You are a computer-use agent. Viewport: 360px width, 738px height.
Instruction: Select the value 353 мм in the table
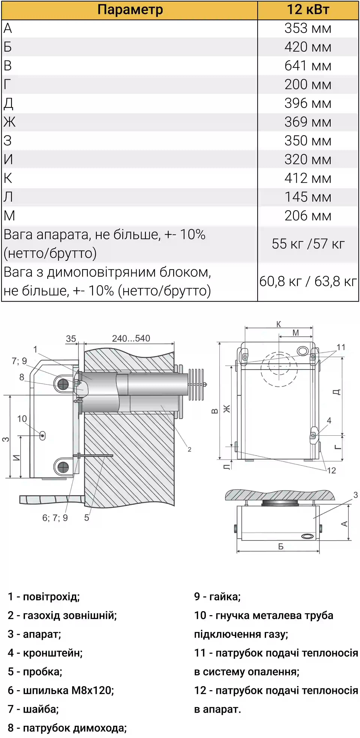pyautogui.click(x=308, y=28)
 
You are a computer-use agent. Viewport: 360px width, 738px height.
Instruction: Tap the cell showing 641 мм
pyautogui.click(x=308, y=66)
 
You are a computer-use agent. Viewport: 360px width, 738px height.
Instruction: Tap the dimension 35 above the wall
pyautogui.click(x=71, y=339)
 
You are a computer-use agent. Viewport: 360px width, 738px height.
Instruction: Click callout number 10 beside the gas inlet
pyautogui.click(x=22, y=419)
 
